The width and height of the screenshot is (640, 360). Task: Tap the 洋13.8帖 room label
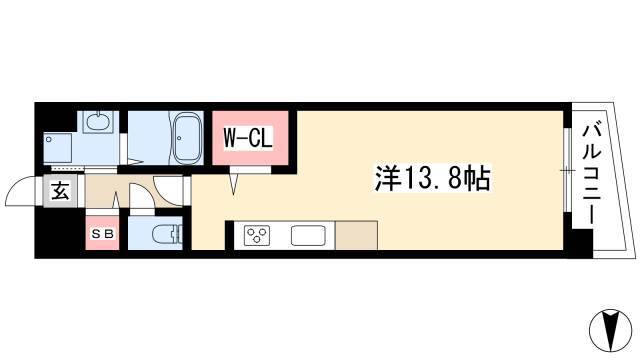click(x=433, y=180)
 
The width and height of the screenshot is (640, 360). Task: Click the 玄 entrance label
click(x=60, y=192)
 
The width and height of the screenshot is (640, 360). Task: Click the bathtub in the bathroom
click(x=187, y=139)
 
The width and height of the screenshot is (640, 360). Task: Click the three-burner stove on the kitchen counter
click(x=256, y=237)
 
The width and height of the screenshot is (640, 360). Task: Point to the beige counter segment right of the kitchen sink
click(x=356, y=236)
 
